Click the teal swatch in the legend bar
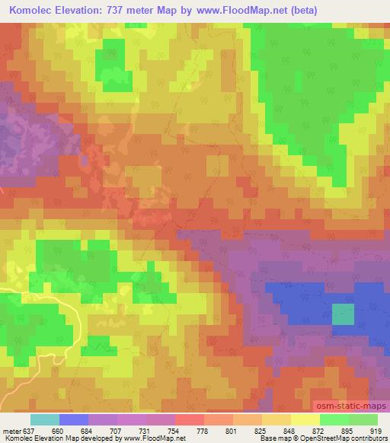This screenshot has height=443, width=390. (x=45, y=419)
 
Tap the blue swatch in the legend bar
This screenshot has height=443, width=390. (x=74, y=419)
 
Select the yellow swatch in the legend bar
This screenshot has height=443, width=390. (x=305, y=419)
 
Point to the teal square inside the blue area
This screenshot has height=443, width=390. (x=344, y=314)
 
